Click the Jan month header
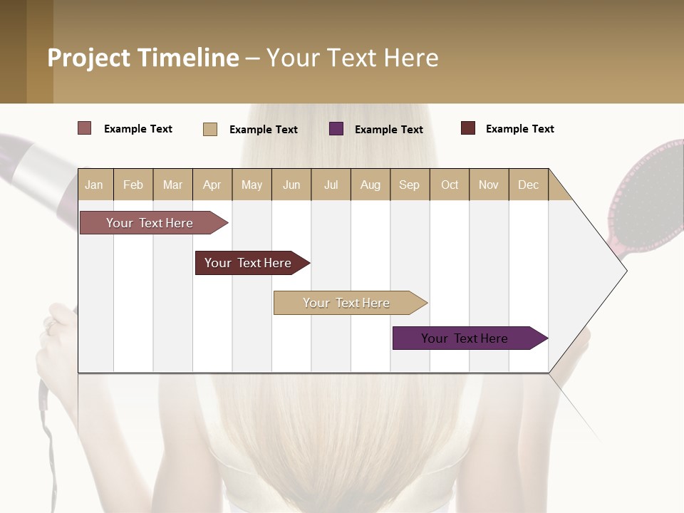pos(94,185)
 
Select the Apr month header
pos(212,185)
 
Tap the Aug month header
pos(370,185)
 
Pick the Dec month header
pos(528,185)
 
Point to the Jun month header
pos(291,185)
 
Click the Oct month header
pos(449,185)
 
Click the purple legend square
pos(336,128)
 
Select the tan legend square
pos(209,129)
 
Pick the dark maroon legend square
pos(467,128)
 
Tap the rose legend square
pos(84,128)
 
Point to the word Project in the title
pos(88,58)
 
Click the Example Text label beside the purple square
pos(388,129)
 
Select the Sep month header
pos(409,185)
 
